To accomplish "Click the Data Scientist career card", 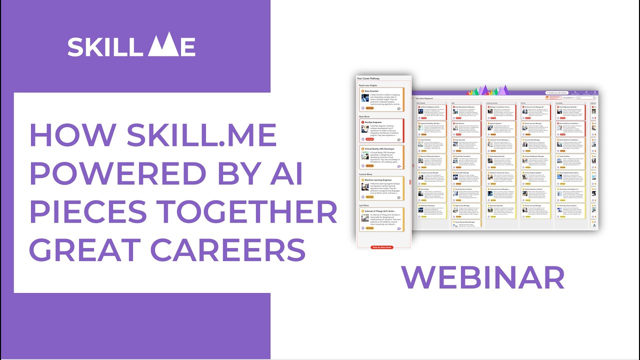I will [x=384, y=100].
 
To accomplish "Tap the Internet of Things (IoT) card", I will [x=384, y=220].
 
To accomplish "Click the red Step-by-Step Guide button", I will [x=382, y=247].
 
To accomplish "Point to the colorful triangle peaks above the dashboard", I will [x=487, y=90].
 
